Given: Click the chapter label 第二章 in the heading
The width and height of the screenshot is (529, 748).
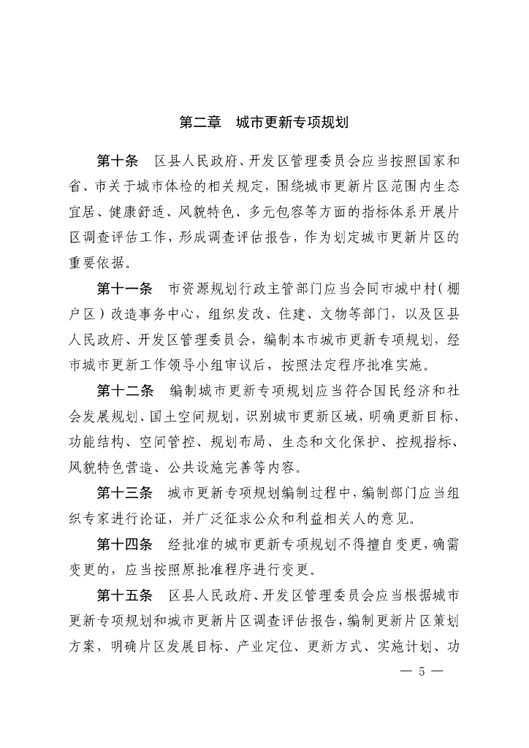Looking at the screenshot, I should click(x=200, y=123).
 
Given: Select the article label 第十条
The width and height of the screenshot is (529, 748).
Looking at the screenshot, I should click(x=118, y=161).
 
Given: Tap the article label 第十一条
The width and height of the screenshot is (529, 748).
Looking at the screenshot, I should click(x=125, y=286).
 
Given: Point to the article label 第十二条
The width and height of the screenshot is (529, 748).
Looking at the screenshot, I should click(x=125, y=391).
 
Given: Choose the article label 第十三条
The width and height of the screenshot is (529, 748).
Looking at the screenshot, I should click(x=125, y=492).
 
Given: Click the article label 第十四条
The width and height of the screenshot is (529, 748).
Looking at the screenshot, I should click(x=125, y=543).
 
